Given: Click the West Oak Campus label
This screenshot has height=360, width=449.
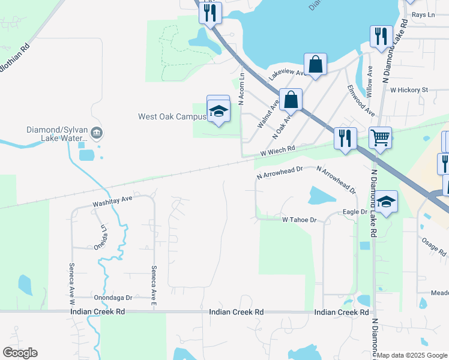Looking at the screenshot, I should [172, 116].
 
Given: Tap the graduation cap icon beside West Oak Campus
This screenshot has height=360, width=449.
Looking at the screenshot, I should [218, 110].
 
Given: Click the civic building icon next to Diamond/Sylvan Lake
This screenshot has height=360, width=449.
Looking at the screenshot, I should [97, 133].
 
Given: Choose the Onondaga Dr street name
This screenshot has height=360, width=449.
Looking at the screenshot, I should [116, 298].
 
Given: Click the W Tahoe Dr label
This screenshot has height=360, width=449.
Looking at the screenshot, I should [299, 220].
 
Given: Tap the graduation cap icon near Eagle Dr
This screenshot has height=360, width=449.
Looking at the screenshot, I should [387, 202].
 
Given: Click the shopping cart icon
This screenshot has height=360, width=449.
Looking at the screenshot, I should [380, 137].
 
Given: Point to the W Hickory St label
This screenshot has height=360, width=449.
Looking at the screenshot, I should [409, 90].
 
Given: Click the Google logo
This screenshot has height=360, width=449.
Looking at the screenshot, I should [20, 353].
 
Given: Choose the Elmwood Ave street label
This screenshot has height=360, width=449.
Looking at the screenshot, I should [361, 100].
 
